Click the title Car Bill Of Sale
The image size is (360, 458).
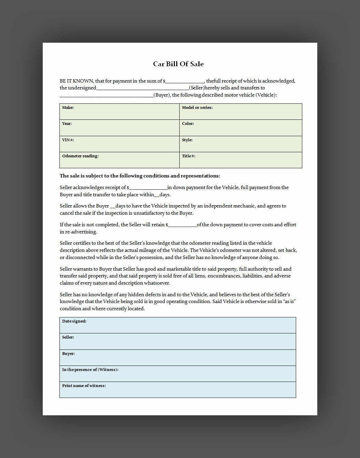tap(178, 64)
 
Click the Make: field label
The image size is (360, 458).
tap(68, 108)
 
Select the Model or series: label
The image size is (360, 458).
tap(197, 108)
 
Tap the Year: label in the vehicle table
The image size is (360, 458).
tap(67, 124)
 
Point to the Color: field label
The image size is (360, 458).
tap(188, 124)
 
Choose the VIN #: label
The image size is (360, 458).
tap(68, 140)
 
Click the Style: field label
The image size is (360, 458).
tap(187, 140)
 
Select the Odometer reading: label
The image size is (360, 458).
tap(80, 156)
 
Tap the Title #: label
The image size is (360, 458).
tap(189, 156)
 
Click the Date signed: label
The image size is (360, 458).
tap(74, 321)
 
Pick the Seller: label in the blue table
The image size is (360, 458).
tap(68, 337)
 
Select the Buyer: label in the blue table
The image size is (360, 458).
tap(68, 354)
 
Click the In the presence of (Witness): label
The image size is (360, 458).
tap(90, 370)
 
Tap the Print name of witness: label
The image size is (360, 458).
tap(84, 386)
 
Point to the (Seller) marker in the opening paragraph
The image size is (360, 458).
tap(197, 88)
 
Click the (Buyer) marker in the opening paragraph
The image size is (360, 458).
tap(162, 95)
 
